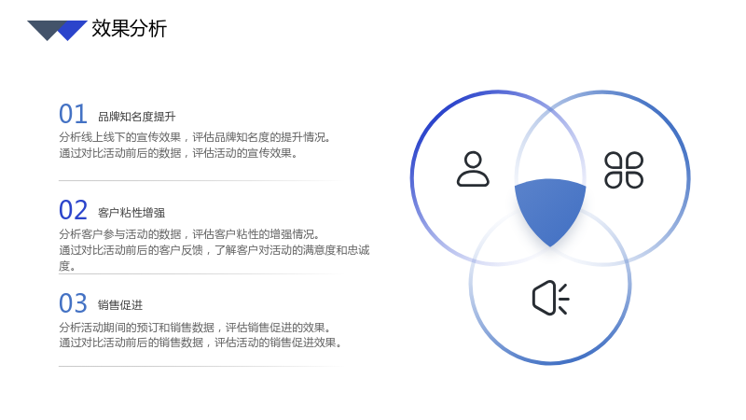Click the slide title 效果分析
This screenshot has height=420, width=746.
[x=129, y=29]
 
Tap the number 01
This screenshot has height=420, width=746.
[x=73, y=114]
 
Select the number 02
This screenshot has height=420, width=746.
[x=73, y=210]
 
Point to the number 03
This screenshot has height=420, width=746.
[x=73, y=303]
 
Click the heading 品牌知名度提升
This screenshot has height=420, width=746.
[x=136, y=117]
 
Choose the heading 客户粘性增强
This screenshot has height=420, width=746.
[x=131, y=213]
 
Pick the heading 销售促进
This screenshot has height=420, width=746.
[x=120, y=305]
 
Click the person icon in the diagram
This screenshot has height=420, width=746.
[x=473, y=169]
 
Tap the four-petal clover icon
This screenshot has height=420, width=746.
[x=624, y=170]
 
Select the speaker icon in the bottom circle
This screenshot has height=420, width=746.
[x=550, y=298]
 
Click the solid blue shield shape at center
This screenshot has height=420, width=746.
[x=550, y=209]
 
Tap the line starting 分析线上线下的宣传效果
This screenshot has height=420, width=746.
[x=194, y=137]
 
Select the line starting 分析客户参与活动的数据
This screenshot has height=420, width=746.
[x=189, y=234]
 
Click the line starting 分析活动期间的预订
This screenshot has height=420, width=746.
[x=194, y=328]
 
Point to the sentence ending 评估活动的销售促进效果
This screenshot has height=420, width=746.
[x=200, y=343]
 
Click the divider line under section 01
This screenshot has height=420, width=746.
[x=200, y=181]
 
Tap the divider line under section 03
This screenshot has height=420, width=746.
[x=200, y=367]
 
